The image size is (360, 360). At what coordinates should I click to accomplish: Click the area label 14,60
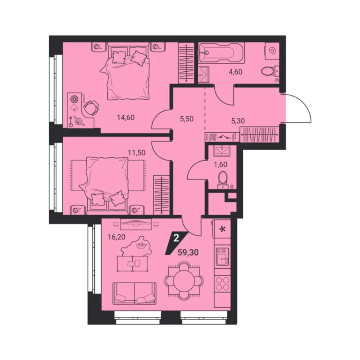126,118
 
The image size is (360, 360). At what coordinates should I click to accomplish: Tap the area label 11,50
136,152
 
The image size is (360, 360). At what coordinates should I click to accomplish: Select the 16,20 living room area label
117,237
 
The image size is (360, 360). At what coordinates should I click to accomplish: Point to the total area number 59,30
188,253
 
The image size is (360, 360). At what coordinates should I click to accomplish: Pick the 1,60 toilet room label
220,165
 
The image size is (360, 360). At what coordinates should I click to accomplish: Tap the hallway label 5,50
187,119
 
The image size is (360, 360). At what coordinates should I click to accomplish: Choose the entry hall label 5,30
238,121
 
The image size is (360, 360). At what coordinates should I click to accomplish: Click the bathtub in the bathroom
221,52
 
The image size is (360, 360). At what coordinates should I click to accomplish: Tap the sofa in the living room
135,294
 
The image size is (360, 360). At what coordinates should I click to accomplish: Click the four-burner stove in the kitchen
222,284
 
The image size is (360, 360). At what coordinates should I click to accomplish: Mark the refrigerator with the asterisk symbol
222,229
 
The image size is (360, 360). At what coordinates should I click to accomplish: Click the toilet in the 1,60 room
222,179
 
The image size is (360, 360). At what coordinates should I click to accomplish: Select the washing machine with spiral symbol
272,51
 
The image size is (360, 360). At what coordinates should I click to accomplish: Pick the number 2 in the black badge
176,238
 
